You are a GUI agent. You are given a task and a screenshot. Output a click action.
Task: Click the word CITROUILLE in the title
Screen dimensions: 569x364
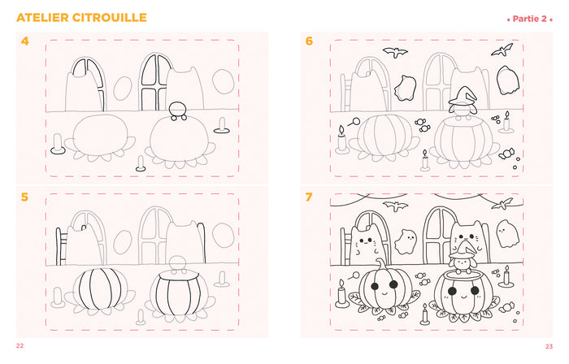[x=109, y=17]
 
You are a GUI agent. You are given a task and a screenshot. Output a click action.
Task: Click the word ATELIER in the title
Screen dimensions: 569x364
[x=42, y=17]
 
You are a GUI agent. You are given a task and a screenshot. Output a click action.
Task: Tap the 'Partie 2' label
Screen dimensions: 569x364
[x=529, y=19]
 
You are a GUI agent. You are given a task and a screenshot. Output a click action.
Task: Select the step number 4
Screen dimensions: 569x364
[x=24, y=41]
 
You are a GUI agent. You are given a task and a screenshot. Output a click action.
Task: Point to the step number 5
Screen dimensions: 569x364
[x=24, y=197]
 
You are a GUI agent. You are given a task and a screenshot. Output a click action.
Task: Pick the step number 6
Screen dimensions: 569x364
[x=309, y=41]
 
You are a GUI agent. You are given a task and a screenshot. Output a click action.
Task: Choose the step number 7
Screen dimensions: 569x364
[x=309, y=197]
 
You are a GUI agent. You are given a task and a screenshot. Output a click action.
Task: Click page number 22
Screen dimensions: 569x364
[x=20, y=346]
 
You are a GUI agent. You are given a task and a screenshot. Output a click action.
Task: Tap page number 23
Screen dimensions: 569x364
[x=549, y=347]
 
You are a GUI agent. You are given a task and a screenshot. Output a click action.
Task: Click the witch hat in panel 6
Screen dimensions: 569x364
[x=463, y=96]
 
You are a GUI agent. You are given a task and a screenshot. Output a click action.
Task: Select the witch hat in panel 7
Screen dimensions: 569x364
[x=463, y=250]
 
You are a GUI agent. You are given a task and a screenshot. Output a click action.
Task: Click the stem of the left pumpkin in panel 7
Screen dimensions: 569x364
[x=380, y=266]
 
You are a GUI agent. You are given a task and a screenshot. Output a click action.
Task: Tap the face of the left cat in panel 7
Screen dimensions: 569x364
[x=367, y=241]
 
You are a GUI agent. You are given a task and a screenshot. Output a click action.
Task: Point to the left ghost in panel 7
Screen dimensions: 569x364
[x=406, y=241]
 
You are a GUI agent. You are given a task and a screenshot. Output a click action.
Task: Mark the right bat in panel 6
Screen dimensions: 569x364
[x=502, y=50]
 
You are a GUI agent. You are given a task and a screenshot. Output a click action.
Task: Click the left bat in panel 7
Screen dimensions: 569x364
[x=395, y=206]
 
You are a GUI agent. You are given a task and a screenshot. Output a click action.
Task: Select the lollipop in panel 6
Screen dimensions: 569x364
[x=354, y=122]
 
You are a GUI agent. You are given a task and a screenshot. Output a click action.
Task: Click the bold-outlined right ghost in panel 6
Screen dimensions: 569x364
[x=507, y=80]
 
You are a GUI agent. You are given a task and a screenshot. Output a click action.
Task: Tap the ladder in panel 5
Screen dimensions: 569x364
[x=61, y=246]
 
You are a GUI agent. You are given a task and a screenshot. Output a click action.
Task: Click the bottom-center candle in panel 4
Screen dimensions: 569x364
[x=141, y=163]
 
